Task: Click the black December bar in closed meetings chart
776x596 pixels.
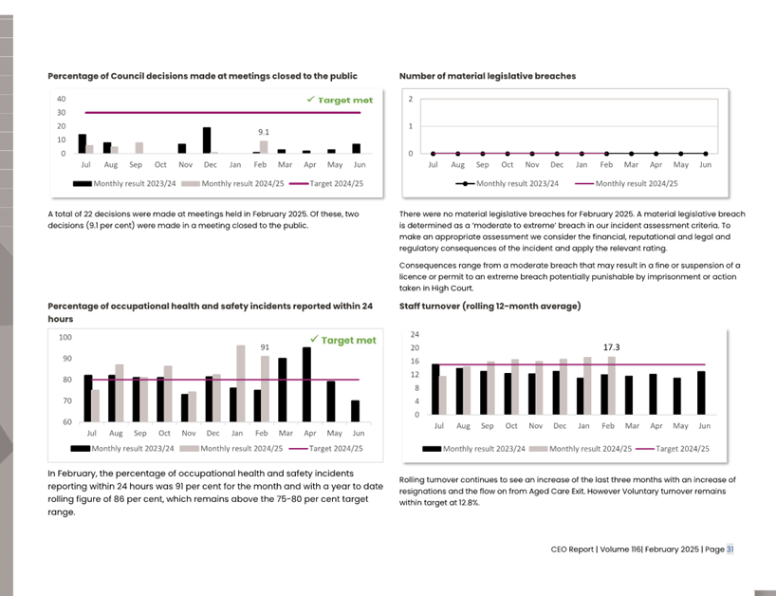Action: (207, 140)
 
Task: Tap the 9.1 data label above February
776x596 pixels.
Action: (264, 132)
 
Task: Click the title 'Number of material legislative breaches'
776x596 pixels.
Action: (487, 76)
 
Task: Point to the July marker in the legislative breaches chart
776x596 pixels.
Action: (433, 153)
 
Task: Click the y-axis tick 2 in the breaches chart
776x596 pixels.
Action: (411, 99)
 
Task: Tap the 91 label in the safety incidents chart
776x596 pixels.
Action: (266, 347)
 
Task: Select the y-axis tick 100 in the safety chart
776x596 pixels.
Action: (65, 337)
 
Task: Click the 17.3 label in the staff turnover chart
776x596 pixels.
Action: (612, 347)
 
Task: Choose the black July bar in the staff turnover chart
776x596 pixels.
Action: (435, 389)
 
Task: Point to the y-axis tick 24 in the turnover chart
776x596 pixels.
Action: (416, 335)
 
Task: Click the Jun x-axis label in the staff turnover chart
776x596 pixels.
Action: (705, 427)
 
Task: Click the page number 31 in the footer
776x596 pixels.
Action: (730, 549)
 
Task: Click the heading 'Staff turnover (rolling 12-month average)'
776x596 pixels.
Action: (490, 306)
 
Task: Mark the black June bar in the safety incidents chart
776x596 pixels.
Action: (355, 411)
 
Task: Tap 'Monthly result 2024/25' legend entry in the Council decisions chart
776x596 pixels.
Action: (237, 183)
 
